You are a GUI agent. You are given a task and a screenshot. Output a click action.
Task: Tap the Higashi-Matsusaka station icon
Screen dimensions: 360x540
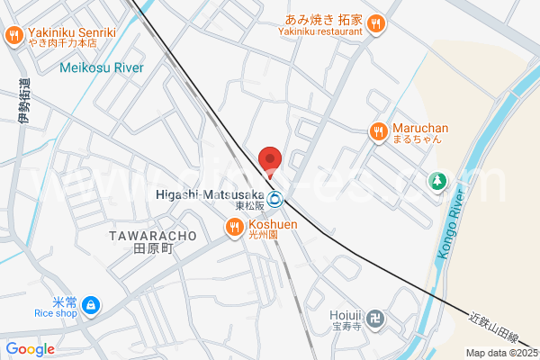[276, 200]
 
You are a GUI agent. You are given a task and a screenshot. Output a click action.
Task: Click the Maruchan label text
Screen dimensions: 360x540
[421, 129]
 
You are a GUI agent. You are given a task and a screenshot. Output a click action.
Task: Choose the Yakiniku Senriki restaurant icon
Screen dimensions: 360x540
[13, 36]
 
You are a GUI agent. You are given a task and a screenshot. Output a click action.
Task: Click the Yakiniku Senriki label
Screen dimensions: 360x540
[72, 32]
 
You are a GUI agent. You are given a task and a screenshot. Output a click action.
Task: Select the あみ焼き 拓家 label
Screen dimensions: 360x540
[324, 18]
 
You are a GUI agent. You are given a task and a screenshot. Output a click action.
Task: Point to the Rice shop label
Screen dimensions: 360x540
[55, 313]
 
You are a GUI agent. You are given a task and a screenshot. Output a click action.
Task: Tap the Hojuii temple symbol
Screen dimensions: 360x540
[378, 319]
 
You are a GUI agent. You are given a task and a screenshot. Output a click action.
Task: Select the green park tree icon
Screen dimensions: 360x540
[438, 181]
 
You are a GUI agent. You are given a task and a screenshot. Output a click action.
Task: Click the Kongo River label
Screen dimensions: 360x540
[452, 224]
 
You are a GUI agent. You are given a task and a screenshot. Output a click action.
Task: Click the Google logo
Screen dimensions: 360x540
[30, 349]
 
